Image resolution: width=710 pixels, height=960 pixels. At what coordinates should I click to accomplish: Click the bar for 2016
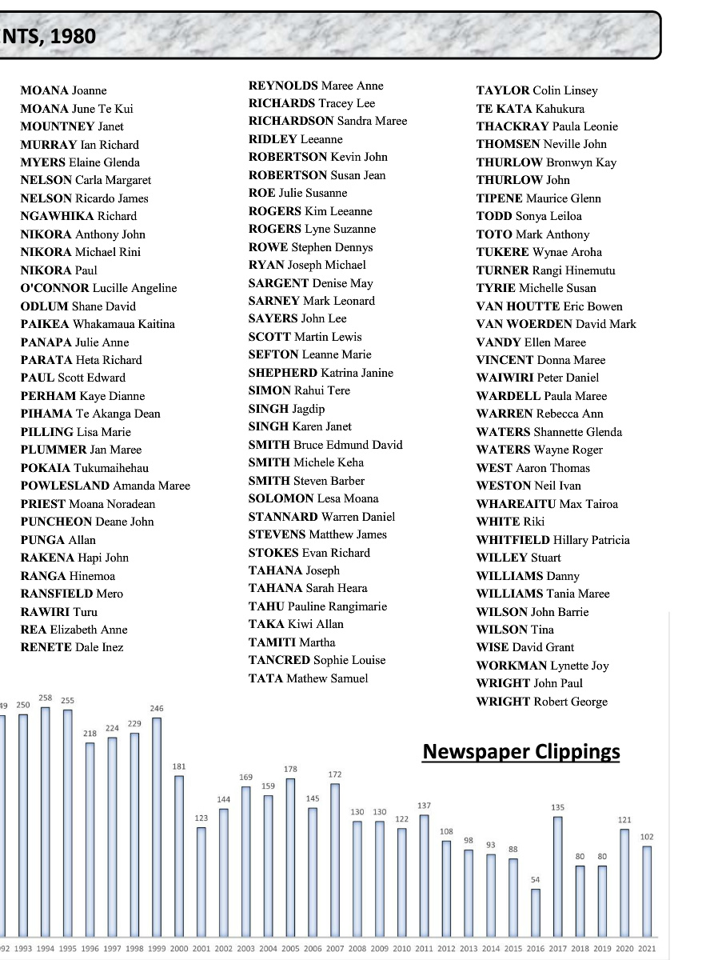tap(536, 912)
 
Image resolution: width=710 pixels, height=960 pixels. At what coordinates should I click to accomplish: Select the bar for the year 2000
tap(180, 854)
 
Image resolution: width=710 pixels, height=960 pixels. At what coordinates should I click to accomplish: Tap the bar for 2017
tap(558, 875)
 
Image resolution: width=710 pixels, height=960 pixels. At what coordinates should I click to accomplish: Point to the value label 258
tap(46, 698)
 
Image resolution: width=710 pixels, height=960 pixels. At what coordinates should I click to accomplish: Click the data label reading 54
tap(536, 880)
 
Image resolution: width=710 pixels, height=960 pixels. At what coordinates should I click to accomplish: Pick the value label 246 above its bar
tap(157, 709)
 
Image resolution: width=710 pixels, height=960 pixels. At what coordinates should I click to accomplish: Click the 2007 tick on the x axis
tap(335, 948)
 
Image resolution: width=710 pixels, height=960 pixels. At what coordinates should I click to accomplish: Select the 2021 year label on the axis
tap(647, 948)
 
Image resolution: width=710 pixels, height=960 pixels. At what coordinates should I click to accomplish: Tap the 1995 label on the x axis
tap(68, 948)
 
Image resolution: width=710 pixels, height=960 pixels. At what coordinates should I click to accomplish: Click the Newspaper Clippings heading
tap(521, 751)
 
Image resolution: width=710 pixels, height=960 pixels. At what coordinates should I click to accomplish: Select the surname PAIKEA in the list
tap(45, 324)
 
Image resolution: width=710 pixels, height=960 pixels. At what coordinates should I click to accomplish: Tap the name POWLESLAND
tap(65, 486)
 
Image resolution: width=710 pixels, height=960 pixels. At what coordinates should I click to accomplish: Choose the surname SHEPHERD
tap(283, 373)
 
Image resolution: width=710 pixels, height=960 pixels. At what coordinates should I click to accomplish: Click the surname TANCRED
tap(277, 660)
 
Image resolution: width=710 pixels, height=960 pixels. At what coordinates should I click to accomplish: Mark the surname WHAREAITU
tap(515, 504)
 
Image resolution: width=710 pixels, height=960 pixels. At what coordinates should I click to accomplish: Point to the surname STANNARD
tap(282, 517)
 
